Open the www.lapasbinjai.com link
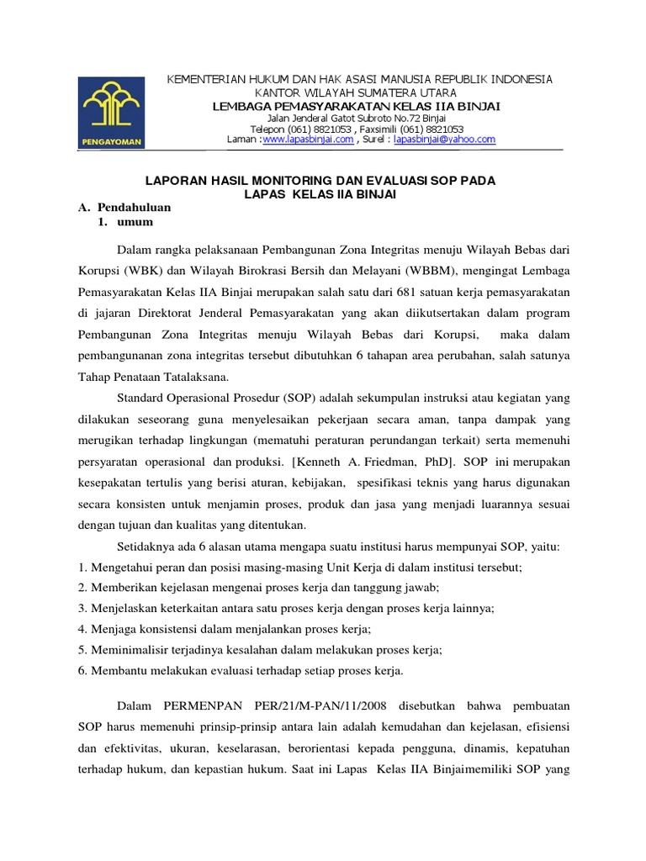tap(308, 140)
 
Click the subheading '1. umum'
tap(125, 222)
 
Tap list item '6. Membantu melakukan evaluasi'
tap(241, 670)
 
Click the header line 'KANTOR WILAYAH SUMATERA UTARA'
tap(357, 92)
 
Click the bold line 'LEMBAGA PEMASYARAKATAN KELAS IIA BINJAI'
tap(357, 105)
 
